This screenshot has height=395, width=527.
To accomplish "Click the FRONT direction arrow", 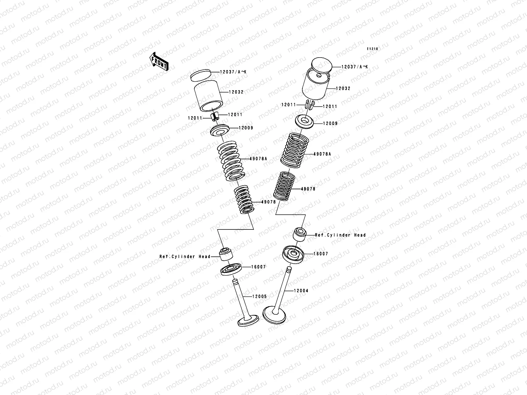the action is click(159, 62).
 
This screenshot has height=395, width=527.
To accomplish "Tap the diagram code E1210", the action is click(373, 49).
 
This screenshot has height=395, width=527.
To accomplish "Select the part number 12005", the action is click(260, 297).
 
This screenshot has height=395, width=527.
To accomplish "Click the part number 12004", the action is click(301, 291).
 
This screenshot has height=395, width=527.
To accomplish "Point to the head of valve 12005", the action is click(248, 321).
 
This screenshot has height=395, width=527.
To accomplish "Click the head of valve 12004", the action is click(274, 315).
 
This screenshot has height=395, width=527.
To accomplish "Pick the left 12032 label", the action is click(236, 92).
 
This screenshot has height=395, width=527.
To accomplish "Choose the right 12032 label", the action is click(343, 89).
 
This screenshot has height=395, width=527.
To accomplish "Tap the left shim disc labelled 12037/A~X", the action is click(201, 75).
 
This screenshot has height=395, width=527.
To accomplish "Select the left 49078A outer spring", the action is click(231, 161).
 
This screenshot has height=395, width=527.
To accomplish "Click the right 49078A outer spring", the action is click(294, 150).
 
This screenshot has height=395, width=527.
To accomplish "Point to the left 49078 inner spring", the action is click(244, 199).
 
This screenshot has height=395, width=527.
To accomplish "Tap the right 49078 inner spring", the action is click(284, 186).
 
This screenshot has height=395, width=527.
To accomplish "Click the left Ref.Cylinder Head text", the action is click(185, 257).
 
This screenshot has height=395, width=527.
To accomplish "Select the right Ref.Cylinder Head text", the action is click(341, 235).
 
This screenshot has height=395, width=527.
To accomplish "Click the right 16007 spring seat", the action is click(293, 255).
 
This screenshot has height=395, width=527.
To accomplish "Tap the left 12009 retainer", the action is click(220, 130).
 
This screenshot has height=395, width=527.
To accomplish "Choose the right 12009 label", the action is click(330, 123).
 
